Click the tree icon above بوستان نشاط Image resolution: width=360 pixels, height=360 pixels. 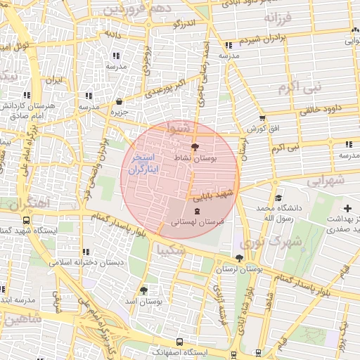pos(195,146)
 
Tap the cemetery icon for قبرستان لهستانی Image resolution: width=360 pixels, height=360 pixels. pos(196,210)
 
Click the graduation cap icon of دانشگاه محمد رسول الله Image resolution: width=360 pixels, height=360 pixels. pos(278,198)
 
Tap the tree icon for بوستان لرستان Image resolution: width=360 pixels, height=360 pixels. pos(239,258)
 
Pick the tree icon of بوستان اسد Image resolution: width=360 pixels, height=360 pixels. pos(144,290)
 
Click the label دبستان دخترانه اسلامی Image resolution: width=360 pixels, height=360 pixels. pos(86,262)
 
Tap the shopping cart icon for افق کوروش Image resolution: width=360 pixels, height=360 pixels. pos(262,118)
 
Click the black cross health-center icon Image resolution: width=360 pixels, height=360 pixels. pos(348,209)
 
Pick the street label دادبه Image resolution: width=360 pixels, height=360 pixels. pos(113,33)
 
